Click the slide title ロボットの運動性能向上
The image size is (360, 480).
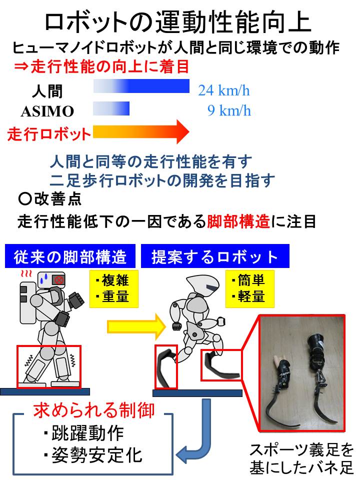[178, 23]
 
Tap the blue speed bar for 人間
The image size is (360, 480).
[141, 86]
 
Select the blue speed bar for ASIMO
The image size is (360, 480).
[111, 108]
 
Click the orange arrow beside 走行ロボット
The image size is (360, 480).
[141, 131]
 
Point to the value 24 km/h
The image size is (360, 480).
[224, 90]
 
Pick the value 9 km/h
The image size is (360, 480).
[229, 110]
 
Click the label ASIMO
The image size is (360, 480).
[47, 111]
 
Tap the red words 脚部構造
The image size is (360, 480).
[238, 221]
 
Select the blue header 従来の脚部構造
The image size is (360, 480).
[70, 256]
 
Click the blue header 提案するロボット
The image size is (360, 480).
[215, 256]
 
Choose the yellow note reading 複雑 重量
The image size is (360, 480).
[114, 288]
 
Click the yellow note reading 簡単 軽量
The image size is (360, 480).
[250, 288]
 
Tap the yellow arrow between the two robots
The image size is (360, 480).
[136, 326]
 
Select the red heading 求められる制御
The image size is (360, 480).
[94, 410]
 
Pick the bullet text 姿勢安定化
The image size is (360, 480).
[93, 455]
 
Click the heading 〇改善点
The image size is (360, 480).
[49, 199]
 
